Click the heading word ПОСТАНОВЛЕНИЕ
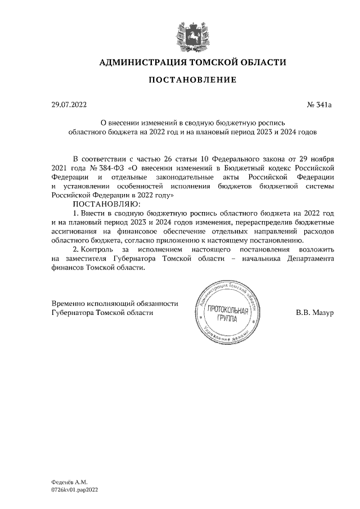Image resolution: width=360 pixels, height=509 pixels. coord(192,80)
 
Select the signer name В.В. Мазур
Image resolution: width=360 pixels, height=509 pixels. coord(314,312)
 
